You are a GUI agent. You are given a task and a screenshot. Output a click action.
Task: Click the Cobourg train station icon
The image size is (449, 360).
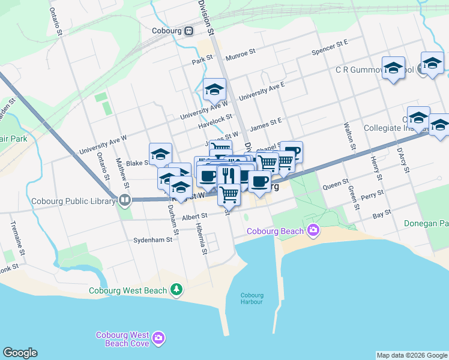pyautogui.click(x=188, y=31)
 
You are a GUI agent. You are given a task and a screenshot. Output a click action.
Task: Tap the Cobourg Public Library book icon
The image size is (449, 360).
pyautogui.click(x=125, y=200)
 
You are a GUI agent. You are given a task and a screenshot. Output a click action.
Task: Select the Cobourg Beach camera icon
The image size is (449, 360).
pyautogui.click(x=312, y=230)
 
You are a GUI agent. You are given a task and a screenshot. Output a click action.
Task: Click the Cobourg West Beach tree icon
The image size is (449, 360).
pyautogui.click(x=176, y=290)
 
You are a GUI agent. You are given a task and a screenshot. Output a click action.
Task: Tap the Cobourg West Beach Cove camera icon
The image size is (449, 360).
pyautogui.click(x=158, y=338)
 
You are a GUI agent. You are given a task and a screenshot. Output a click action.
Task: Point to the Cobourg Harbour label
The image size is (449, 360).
pyautogui.click(x=252, y=298)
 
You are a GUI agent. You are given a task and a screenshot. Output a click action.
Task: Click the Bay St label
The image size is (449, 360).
pyautogui.click(x=382, y=213)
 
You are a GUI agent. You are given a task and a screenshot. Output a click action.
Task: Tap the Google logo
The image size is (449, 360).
pyautogui.click(x=20, y=353)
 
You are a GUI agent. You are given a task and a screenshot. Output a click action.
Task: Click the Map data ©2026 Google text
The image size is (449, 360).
pyautogui.click(x=411, y=355)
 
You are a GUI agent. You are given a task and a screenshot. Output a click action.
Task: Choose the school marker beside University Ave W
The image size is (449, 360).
pyautogui.click(x=214, y=90)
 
